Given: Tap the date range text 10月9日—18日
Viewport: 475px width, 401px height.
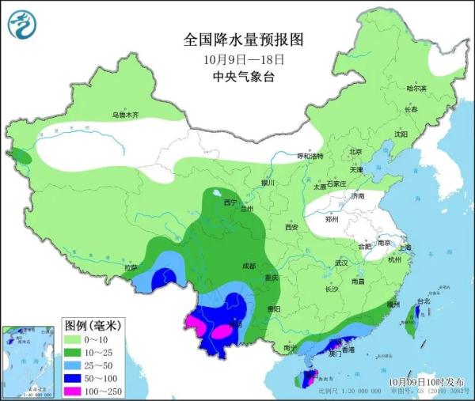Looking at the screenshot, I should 237,59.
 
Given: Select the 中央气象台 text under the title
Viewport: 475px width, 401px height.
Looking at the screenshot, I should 237,76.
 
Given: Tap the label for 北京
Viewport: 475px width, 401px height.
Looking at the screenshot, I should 355,152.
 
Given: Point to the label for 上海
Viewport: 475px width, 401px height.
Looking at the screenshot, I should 405,247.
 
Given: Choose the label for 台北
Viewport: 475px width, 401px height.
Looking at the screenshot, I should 423,301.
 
